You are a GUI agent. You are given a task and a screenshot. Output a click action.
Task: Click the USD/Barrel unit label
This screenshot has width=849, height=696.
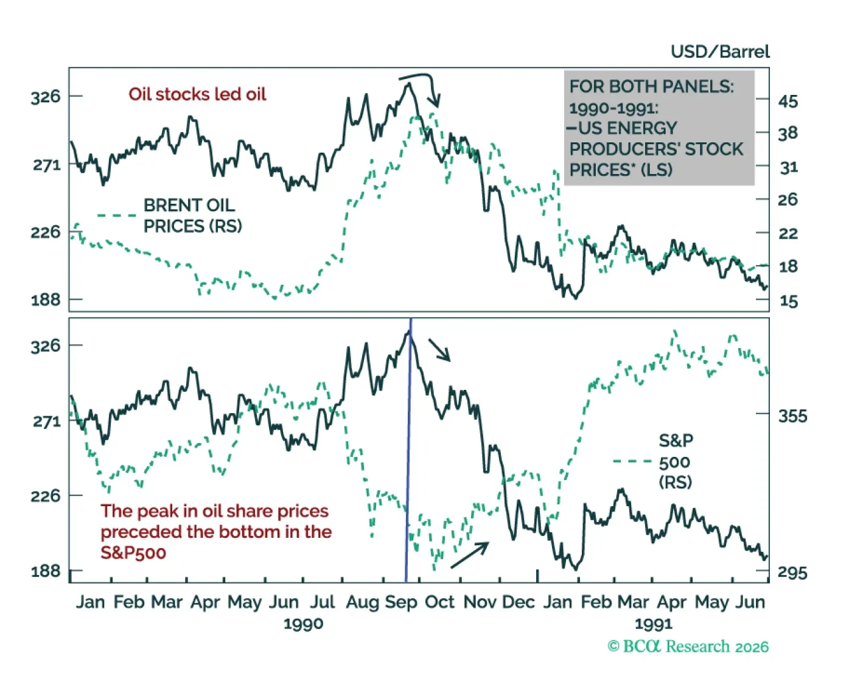720,52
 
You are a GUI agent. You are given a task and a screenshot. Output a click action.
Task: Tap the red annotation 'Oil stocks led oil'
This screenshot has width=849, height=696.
197,94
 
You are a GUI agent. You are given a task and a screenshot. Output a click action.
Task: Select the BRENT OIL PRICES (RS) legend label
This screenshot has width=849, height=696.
192,215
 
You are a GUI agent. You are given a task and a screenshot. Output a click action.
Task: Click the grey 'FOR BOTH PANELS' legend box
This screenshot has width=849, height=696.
659,127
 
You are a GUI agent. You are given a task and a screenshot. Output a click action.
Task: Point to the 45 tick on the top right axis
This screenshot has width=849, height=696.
788,102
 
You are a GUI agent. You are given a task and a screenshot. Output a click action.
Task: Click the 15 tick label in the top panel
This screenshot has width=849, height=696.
788,301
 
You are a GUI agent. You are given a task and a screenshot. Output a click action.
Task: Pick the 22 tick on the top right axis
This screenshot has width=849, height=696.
788,234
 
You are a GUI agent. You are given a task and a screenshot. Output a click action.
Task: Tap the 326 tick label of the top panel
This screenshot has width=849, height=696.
46,97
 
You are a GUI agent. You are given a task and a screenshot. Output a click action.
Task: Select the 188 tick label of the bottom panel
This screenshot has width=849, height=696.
46,571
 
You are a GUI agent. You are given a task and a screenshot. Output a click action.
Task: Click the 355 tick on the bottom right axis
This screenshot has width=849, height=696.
792,416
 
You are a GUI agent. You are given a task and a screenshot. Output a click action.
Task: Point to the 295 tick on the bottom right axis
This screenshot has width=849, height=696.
792,572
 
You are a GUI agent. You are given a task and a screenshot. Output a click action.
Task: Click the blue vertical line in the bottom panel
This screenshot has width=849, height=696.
408,450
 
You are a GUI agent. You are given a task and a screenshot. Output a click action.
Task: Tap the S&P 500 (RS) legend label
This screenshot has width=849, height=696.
676,461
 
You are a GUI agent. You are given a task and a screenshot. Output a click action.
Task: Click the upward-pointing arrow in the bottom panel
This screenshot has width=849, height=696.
470,555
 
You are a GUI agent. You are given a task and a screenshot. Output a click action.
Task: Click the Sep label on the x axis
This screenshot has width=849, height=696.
401,602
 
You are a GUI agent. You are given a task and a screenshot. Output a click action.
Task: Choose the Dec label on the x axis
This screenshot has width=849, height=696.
519,602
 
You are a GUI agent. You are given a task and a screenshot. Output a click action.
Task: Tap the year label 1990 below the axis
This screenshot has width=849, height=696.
303,624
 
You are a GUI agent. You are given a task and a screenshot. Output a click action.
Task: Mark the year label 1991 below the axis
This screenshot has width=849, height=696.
653,624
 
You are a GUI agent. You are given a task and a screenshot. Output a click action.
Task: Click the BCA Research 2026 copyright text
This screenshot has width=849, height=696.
688,647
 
